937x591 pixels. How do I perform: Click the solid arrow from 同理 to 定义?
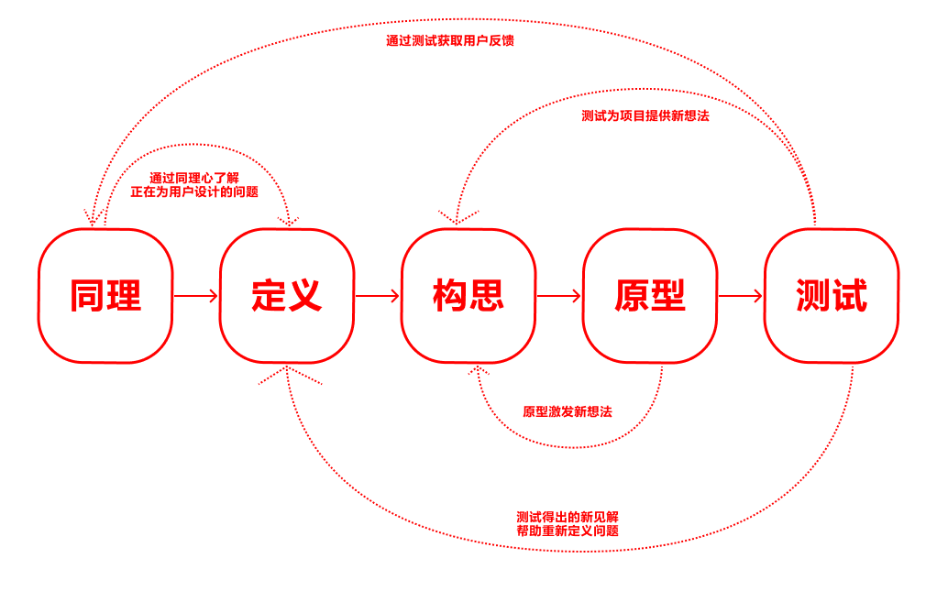pos(195,296)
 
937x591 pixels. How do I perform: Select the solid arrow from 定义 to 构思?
pos(377,296)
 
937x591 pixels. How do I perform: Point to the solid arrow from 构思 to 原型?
pos(558,296)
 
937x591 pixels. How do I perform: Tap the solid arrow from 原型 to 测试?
pos(740,296)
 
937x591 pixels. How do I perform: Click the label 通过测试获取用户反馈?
pos(449,41)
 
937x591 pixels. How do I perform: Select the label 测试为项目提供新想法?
pos(645,116)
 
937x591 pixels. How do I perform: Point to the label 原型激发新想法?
pos(567,412)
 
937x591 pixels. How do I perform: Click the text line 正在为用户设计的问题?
pos(194,192)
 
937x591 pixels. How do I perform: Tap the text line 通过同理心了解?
pos(194,178)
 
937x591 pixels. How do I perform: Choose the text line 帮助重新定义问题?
pos(567,531)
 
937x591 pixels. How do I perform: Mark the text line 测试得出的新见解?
pos(567,517)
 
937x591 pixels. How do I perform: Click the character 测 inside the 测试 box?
pos(813,296)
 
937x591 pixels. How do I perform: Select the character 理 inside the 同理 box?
pos(124,296)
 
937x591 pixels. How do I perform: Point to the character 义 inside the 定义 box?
pos(305,296)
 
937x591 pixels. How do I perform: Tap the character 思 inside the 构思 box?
pos(487,296)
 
